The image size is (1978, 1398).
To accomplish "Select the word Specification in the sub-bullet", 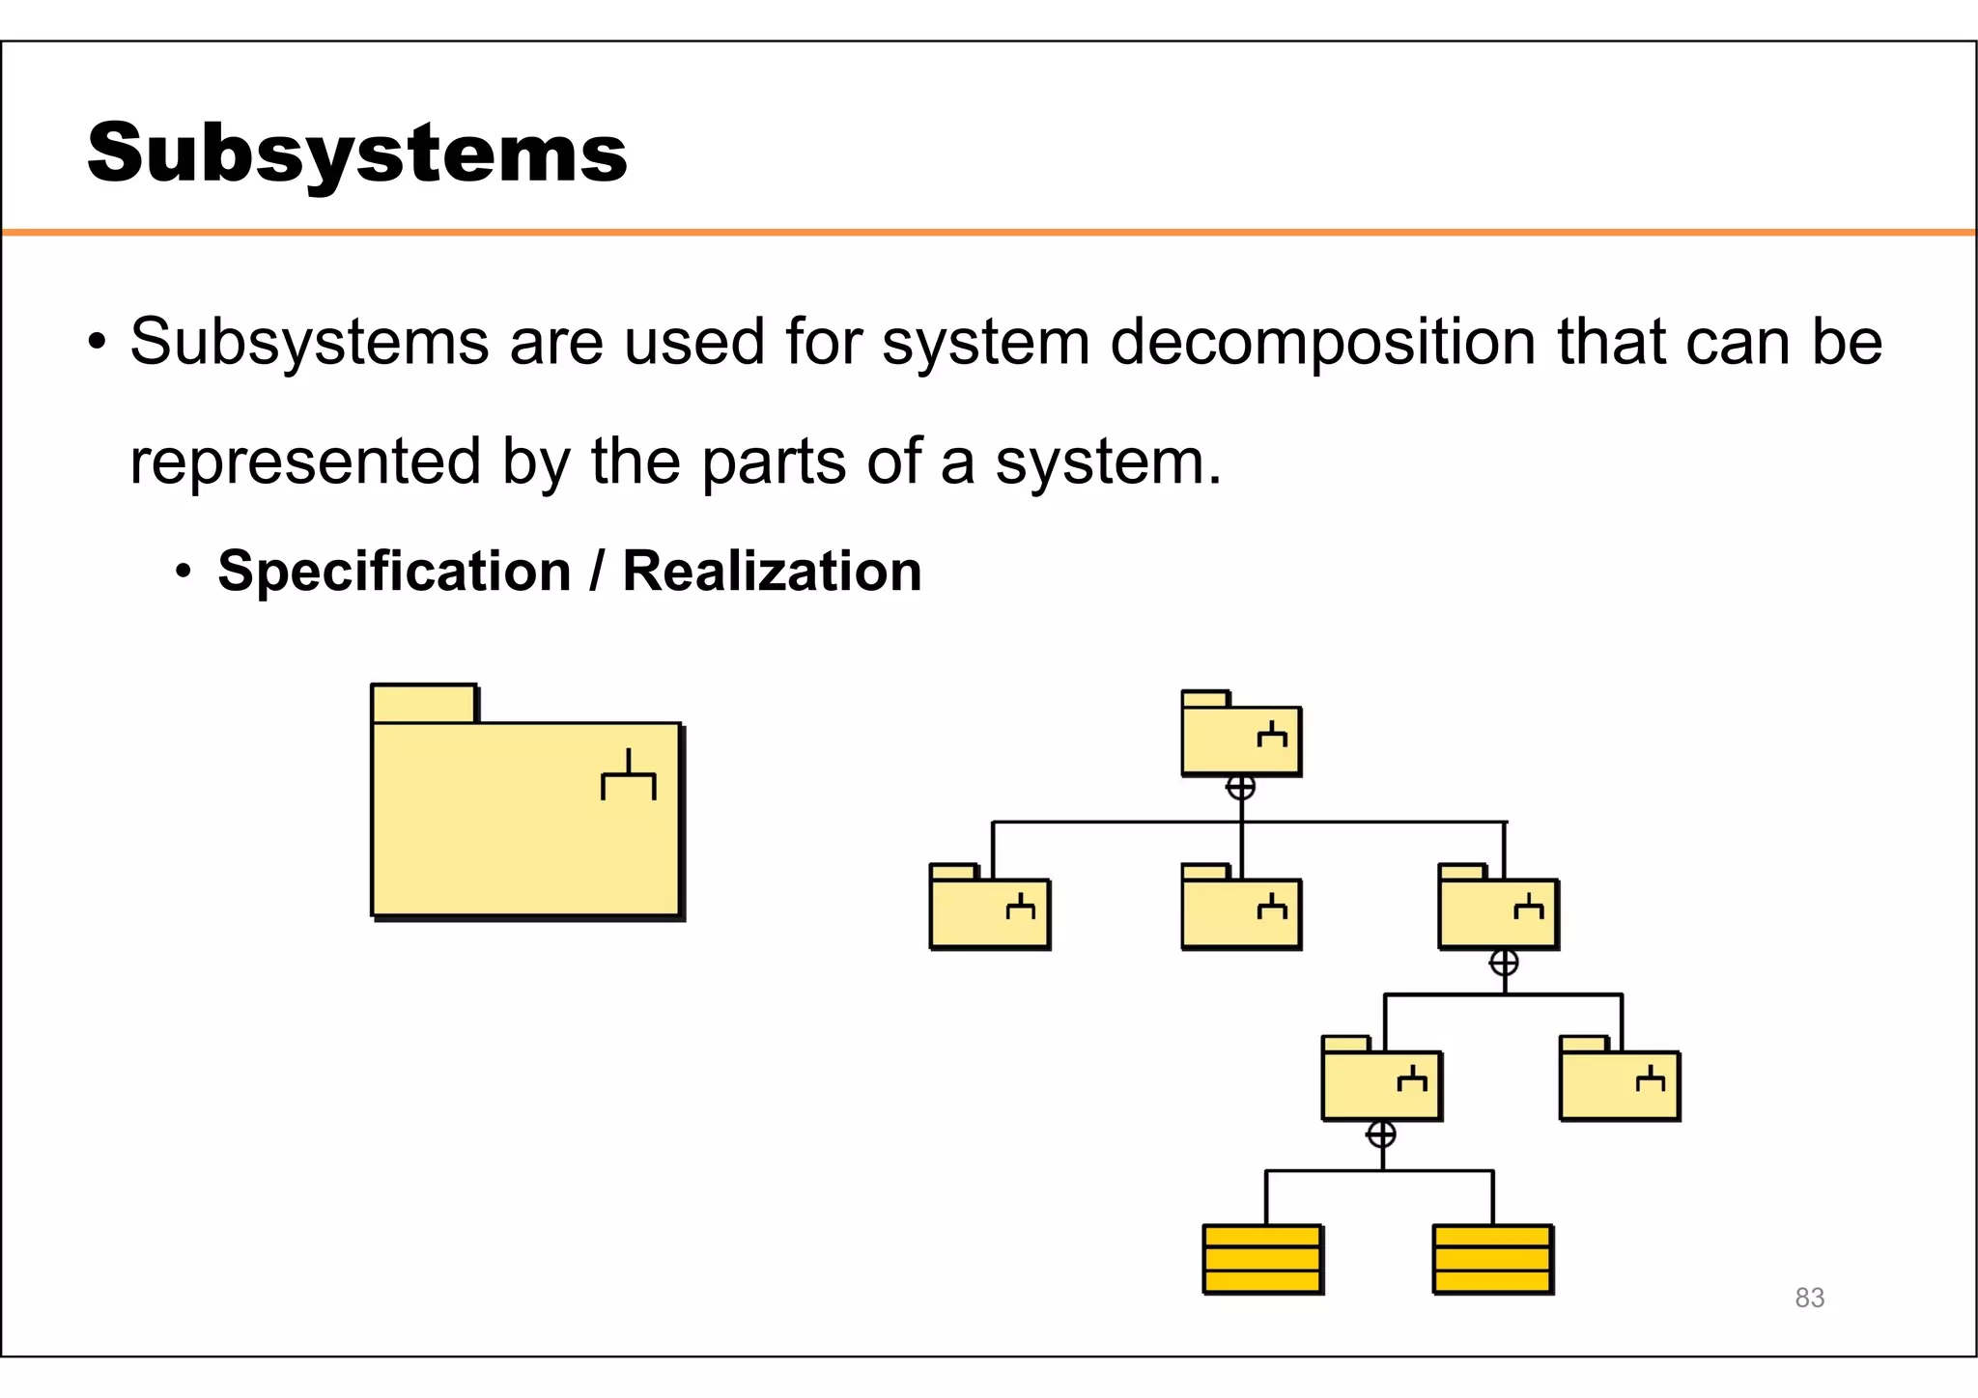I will point(394,571).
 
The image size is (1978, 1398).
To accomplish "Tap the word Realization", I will point(772,571).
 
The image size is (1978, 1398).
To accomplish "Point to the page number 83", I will point(1809,1298).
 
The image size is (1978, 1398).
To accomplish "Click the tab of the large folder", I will point(424,703).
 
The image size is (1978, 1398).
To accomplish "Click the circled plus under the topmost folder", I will point(1241,788).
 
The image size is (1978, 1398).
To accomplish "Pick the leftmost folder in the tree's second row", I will point(989,913).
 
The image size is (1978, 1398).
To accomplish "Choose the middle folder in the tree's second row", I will point(1241,913).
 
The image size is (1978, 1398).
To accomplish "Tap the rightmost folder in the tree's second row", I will point(1498,913).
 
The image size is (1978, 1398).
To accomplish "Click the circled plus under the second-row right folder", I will point(1504,963).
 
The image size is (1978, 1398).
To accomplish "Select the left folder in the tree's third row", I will point(1381,1085).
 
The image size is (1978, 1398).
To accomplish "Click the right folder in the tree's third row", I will point(1620,1085).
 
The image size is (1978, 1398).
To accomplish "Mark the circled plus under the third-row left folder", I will point(1381,1134).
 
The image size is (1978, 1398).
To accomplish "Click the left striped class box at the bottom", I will point(1262,1259).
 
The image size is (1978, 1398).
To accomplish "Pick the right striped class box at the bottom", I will point(1492,1259).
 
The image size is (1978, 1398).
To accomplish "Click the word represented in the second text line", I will point(305,461).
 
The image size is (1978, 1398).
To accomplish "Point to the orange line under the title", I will point(989,233).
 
